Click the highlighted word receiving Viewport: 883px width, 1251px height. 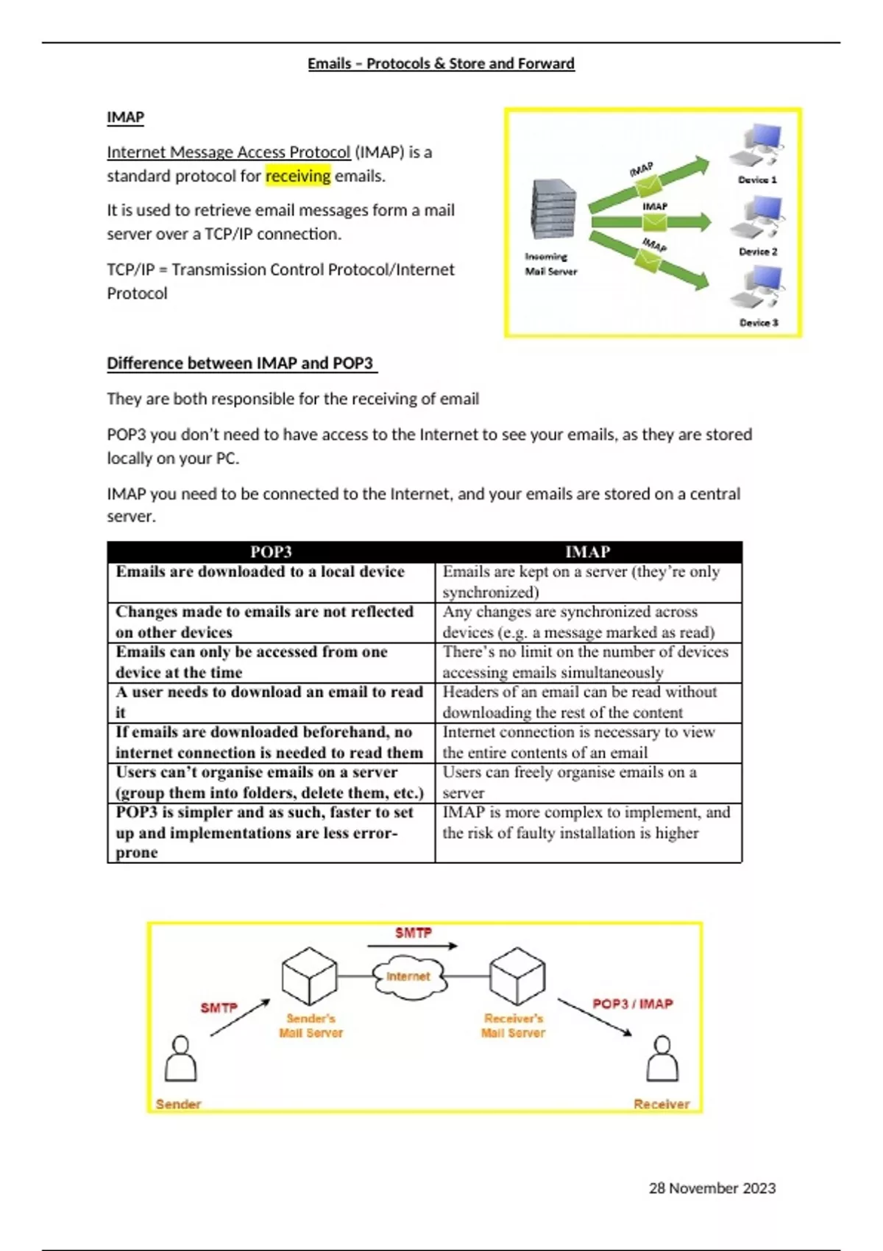click(298, 176)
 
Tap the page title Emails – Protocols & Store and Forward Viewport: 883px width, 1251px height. click(441, 63)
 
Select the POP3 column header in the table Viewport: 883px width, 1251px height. click(271, 552)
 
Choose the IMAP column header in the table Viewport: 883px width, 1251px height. click(587, 552)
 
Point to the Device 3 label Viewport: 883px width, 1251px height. click(759, 322)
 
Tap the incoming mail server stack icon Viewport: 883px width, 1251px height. click(552, 210)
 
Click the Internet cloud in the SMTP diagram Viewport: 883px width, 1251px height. click(408, 977)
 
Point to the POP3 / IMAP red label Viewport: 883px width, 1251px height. click(633, 1004)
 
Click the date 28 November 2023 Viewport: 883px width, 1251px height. click(712, 1188)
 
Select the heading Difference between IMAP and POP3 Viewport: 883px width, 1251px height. click(241, 363)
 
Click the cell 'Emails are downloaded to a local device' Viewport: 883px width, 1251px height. click(260, 572)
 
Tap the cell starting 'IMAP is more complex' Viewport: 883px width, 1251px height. click(586, 823)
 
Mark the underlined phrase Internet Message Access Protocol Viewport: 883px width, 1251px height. click(228, 152)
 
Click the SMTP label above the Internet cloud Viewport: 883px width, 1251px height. click(414, 932)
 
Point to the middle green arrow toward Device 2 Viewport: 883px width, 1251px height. click(650, 221)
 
